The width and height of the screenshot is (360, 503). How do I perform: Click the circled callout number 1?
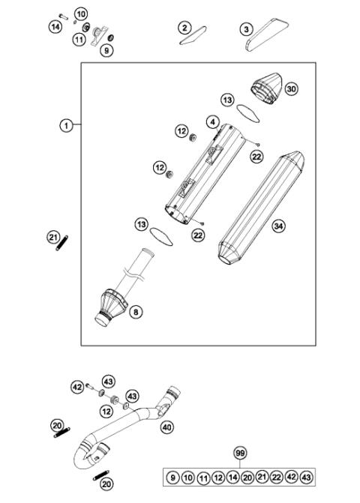click(67, 126)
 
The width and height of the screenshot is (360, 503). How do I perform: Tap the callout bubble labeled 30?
click(291, 88)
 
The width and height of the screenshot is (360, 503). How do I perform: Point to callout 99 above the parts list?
click(240, 454)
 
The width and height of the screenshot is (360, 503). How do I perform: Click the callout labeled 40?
click(166, 427)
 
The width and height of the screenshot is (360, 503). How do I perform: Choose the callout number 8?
click(135, 311)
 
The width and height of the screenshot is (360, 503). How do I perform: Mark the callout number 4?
click(213, 121)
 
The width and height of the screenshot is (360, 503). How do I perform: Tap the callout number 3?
click(246, 28)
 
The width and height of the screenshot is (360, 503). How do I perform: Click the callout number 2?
click(184, 28)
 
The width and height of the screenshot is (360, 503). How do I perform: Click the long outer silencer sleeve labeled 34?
click(259, 210)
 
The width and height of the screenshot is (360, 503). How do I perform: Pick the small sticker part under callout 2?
click(193, 39)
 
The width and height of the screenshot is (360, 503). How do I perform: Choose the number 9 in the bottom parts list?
click(173, 478)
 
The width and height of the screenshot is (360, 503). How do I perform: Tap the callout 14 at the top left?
click(55, 27)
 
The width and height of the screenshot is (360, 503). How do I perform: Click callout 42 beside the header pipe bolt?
click(77, 387)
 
